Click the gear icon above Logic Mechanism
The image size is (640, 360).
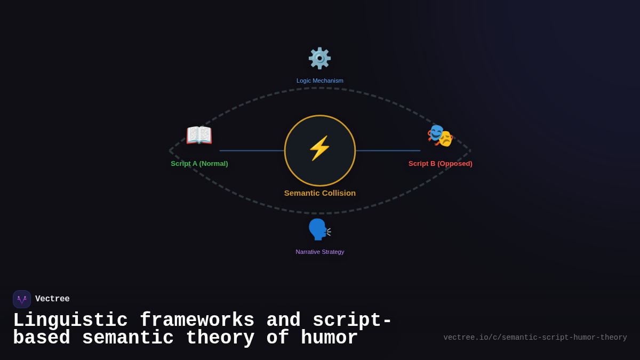click(319, 58)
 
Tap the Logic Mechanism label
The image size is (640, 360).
click(319, 81)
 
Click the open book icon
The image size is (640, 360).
click(199, 135)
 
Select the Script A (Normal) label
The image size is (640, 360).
click(199, 164)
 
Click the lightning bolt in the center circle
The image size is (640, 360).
click(319, 148)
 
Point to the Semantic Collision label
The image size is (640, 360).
click(319, 193)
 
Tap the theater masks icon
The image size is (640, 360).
click(440, 135)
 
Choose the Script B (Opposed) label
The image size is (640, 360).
click(441, 164)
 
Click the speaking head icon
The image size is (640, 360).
click(319, 229)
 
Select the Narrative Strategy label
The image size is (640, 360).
click(319, 252)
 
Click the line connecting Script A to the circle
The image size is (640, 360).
click(252, 150)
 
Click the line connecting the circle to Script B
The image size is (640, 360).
click(388, 150)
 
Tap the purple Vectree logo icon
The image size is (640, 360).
click(22, 299)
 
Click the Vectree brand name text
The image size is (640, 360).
click(52, 299)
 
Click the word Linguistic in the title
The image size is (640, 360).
click(70, 321)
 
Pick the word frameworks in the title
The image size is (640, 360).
click(197, 319)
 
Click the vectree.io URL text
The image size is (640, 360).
click(535, 338)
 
